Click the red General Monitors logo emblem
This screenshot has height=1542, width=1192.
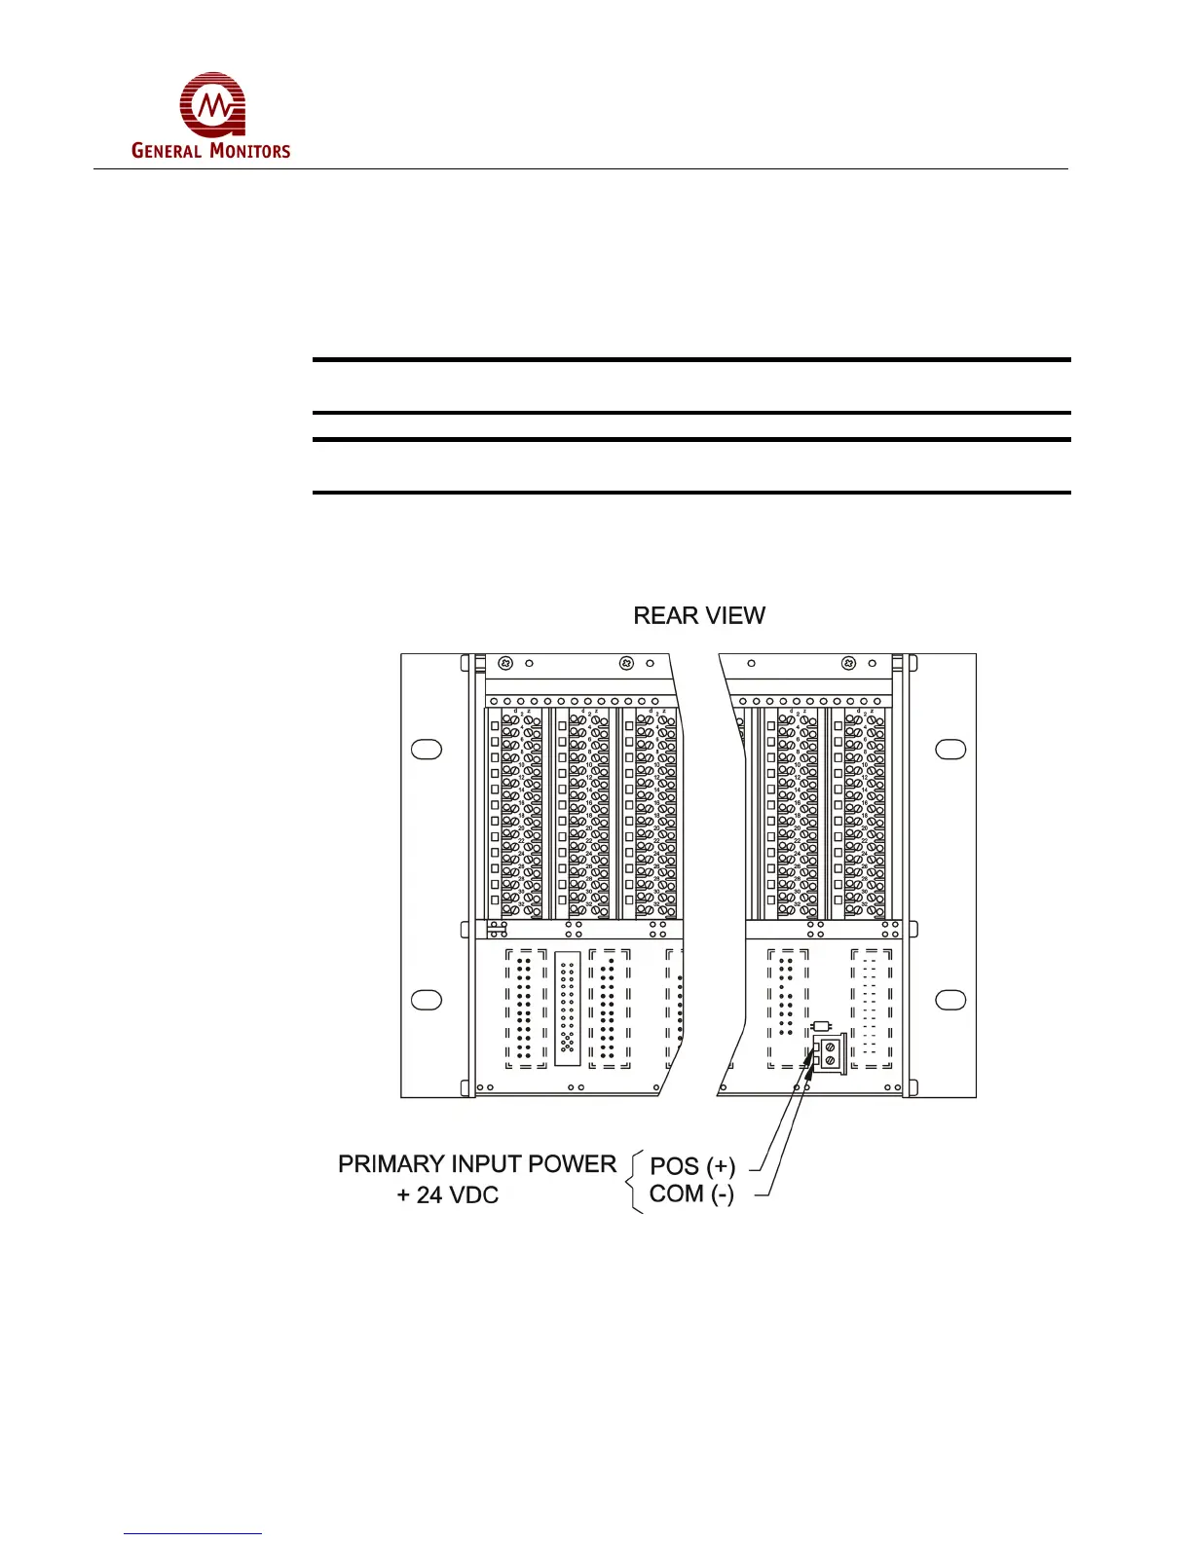pyautogui.click(x=212, y=104)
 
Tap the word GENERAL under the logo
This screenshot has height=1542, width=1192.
pyautogui.click(x=167, y=151)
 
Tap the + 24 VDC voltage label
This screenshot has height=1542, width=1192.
pyautogui.click(x=448, y=1195)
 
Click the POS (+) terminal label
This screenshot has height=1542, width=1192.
pyautogui.click(x=692, y=1166)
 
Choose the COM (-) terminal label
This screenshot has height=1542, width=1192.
pyautogui.click(x=691, y=1194)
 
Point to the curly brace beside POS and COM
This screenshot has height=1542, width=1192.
pyautogui.click(x=635, y=1181)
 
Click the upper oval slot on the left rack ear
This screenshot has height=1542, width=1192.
pyautogui.click(x=427, y=750)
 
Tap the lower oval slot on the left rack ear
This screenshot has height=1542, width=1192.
pyautogui.click(x=427, y=1000)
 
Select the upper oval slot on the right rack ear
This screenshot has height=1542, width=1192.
pyautogui.click(x=950, y=750)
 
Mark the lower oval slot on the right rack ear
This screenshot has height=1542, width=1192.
pyautogui.click(x=950, y=1000)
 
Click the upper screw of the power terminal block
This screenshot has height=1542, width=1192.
pyautogui.click(x=829, y=1046)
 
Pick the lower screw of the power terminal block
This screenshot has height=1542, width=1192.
pyautogui.click(x=830, y=1060)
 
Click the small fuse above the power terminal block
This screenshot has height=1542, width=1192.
pyautogui.click(x=821, y=1026)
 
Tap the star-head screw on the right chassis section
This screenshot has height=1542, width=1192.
pyautogui.click(x=848, y=663)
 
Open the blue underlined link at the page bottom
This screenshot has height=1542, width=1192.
pyautogui.click(x=193, y=1533)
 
